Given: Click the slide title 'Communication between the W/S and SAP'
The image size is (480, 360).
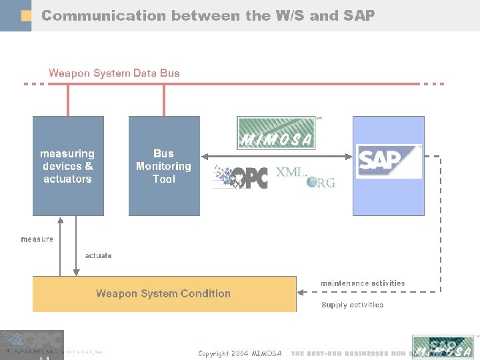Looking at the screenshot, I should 208,15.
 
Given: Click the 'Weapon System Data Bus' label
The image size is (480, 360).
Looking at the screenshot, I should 114,73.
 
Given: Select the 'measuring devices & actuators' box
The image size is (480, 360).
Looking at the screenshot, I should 68,166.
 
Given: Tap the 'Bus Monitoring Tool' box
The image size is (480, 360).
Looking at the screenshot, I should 164,166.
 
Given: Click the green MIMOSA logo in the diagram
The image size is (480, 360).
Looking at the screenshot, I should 276,133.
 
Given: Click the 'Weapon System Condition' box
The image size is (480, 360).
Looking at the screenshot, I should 164,293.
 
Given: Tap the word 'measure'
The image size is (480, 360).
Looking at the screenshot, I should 37,239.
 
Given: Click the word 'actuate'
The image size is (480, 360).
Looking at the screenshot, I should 99,255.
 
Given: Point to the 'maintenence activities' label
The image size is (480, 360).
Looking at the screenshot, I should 363,283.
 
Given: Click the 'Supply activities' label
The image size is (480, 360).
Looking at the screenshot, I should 353,305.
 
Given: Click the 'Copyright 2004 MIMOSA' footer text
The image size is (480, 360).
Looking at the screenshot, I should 240,353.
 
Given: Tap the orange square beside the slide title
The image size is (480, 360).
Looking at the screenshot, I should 26,15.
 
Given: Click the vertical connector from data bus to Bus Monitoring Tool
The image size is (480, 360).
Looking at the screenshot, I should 164,100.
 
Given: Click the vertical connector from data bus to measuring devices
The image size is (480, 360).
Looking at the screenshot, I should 68,100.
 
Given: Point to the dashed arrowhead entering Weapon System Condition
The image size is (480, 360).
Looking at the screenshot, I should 301,291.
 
